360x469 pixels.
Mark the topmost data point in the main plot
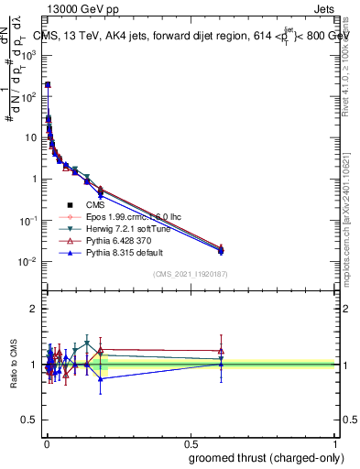tap(47, 84)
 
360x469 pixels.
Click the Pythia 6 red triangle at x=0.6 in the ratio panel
tap(220, 350)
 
